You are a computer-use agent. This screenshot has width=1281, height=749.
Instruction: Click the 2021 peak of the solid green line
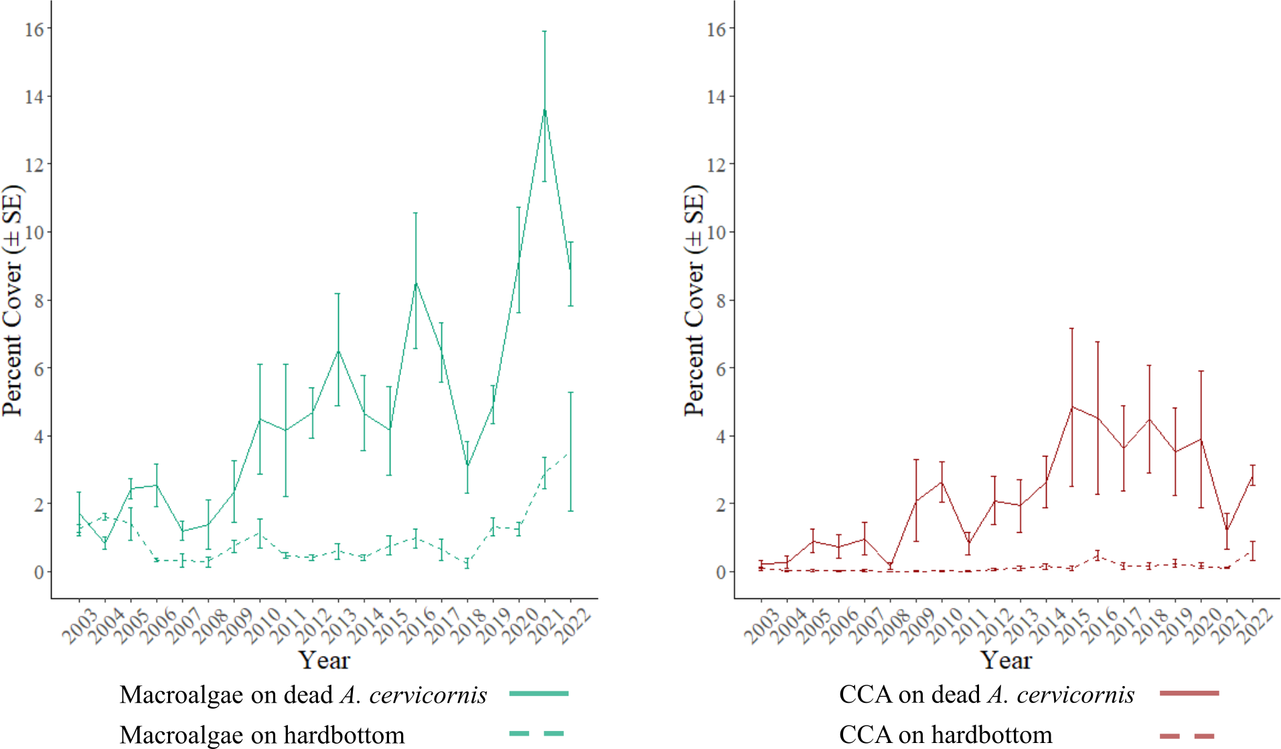[544, 110]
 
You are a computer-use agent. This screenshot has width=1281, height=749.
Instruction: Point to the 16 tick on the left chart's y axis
[34, 29]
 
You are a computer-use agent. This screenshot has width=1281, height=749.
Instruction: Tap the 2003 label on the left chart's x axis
[80, 627]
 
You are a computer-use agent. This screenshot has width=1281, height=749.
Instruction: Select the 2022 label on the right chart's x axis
[1254, 627]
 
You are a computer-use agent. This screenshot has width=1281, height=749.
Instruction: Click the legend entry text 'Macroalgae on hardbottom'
[262, 734]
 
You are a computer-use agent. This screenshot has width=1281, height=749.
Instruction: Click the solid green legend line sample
[538, 693]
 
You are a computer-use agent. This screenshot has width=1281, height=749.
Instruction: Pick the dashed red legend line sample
[1187, 736]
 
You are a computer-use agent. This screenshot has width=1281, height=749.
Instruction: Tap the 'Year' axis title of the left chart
[324, 660]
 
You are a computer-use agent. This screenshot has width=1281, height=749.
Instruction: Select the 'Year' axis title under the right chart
[1006, 660]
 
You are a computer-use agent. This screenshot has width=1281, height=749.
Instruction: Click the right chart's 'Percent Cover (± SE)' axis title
[694, 301]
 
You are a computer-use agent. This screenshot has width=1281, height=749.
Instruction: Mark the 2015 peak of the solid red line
[1071, 406]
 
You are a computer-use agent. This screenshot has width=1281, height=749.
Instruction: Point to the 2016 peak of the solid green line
[415, 283]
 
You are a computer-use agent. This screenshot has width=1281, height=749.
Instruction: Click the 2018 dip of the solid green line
[467, 466]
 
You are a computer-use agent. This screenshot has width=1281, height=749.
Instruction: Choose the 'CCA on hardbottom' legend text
[945, 734]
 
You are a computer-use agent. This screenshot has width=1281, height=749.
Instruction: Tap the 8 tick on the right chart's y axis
[721, 301]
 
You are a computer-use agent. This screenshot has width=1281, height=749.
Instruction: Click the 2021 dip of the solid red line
[1227, 530]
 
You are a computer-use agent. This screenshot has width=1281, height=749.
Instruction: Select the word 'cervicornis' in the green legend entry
[428, 695]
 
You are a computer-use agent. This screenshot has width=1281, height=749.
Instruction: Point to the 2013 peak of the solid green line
[337, 350]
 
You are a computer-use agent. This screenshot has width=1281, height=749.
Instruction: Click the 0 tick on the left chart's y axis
[39, 572]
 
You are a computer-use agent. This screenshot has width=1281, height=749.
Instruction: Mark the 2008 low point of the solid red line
[890, 566]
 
